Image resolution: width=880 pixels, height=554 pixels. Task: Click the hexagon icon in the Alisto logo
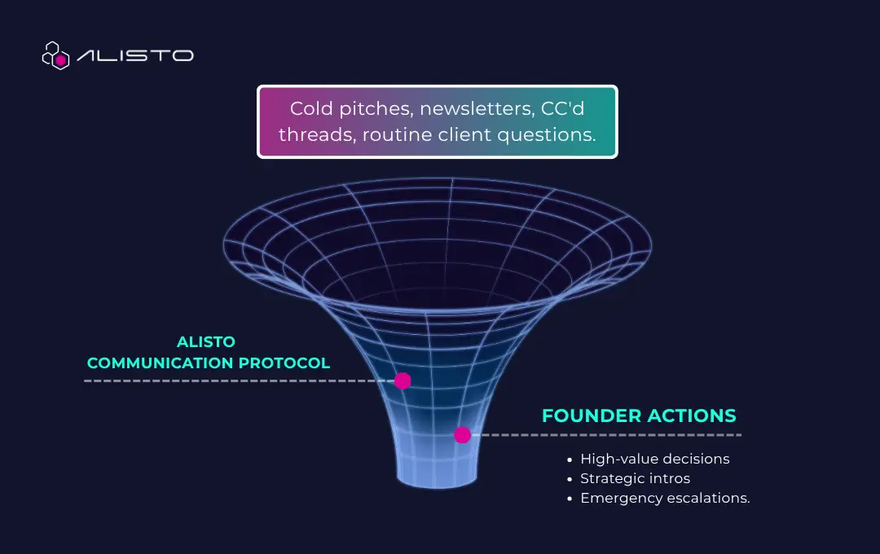55,55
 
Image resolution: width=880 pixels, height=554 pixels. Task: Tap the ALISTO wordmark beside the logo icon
135,55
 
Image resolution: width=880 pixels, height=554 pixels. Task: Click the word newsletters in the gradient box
477,108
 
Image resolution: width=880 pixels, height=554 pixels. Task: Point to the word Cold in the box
311,108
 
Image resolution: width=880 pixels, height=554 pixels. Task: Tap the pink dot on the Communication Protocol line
403,380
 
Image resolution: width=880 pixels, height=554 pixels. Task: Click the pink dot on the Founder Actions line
462,434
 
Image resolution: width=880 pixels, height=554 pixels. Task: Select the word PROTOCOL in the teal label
284,363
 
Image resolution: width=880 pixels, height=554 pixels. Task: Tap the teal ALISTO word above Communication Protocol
206,342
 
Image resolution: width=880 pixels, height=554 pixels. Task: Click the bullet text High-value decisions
655,459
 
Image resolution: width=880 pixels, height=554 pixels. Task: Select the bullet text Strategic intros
636,478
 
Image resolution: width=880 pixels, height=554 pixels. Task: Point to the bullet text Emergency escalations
665,498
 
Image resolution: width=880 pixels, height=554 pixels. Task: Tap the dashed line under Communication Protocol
239,380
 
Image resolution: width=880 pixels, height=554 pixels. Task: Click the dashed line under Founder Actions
606,435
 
